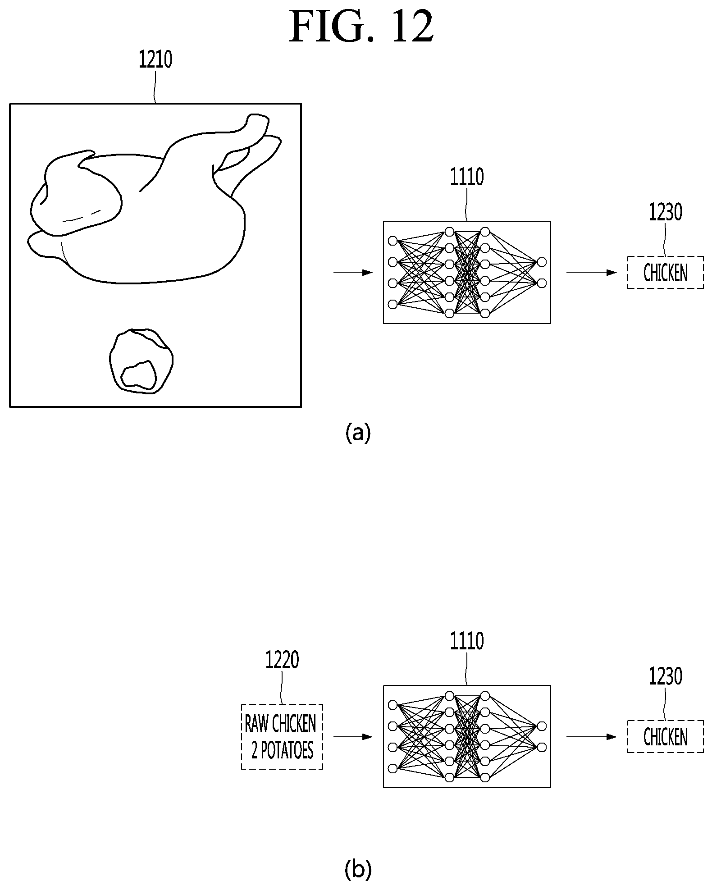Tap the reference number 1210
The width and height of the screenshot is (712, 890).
coord(155,59)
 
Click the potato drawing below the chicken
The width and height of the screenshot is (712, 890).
coord(141,361)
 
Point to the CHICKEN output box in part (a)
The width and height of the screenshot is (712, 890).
coord(665,273)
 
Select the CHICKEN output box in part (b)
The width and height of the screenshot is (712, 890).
coord(665,737)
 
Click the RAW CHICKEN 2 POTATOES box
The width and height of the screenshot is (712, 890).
coord(282,736)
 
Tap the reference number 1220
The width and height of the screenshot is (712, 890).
coord(282,661)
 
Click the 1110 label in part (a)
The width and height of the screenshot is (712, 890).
coord(467,177)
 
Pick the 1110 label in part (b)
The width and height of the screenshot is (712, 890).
coord(467,641)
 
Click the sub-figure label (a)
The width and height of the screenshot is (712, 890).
coord(358,433)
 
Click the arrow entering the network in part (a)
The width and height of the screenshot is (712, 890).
coord(353,273)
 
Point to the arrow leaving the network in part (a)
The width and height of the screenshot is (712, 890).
coord(592,273)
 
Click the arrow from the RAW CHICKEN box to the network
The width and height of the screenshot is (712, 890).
coord(353,737)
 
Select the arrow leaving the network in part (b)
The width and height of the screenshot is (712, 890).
coord(592,737)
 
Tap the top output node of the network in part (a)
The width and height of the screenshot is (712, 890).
coord(542,262)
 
